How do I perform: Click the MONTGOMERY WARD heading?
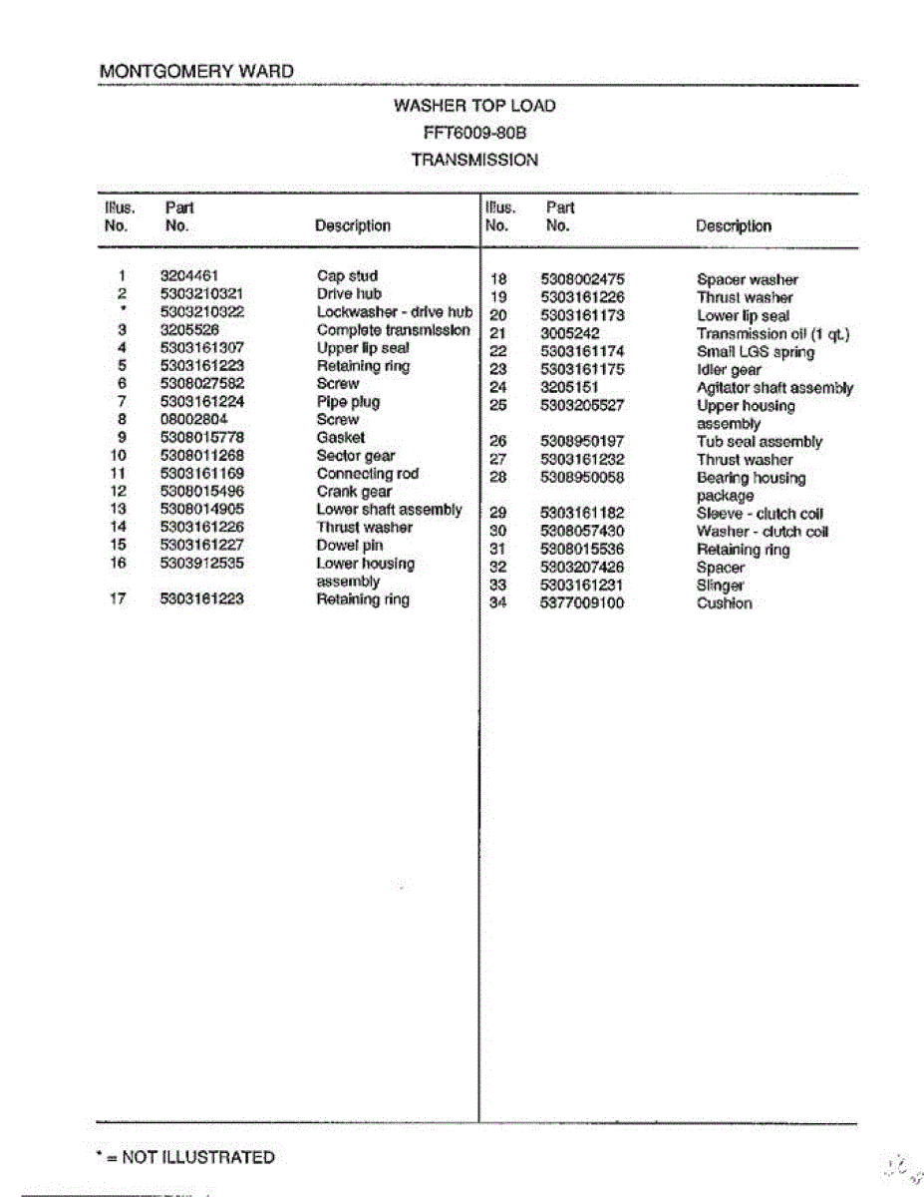(x=196, y=72)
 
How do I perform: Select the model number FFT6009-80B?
(x=474, y=133)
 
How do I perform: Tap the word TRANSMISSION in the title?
(x=474, y=160)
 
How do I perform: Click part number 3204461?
(x=188, y=276)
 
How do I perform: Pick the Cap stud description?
(x=347, y=276)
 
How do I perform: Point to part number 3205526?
(x=188, y=330)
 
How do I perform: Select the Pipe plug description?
(x=348, y=402)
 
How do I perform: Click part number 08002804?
(x=193, y=420)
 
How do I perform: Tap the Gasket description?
(x=340, y=438)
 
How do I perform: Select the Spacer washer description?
(x=747, y=280)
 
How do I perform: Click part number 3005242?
(x=569, y=334)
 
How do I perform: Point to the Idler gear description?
(x=729, y=370)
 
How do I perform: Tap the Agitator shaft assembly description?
(x=774, y=388)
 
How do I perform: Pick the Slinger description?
(x=720, y=586)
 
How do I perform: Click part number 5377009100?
(x=582, y=603)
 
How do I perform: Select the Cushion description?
(x=724, y=603)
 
